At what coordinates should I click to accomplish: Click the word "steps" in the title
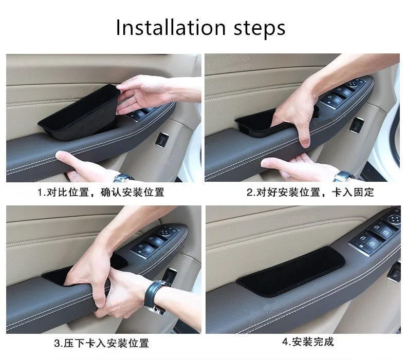pos(260,28)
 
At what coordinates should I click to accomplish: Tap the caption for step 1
pos(101,192)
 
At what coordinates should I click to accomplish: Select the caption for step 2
pos(310,192)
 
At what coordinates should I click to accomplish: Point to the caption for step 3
pos(102,343)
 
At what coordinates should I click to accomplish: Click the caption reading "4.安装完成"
pos(308,342)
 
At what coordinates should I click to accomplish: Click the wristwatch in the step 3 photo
pos(155,296)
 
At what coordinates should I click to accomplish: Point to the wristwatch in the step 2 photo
pos(344,176)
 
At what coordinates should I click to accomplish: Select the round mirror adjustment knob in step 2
pos(354,84)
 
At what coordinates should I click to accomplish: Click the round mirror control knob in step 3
pos(163,233)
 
